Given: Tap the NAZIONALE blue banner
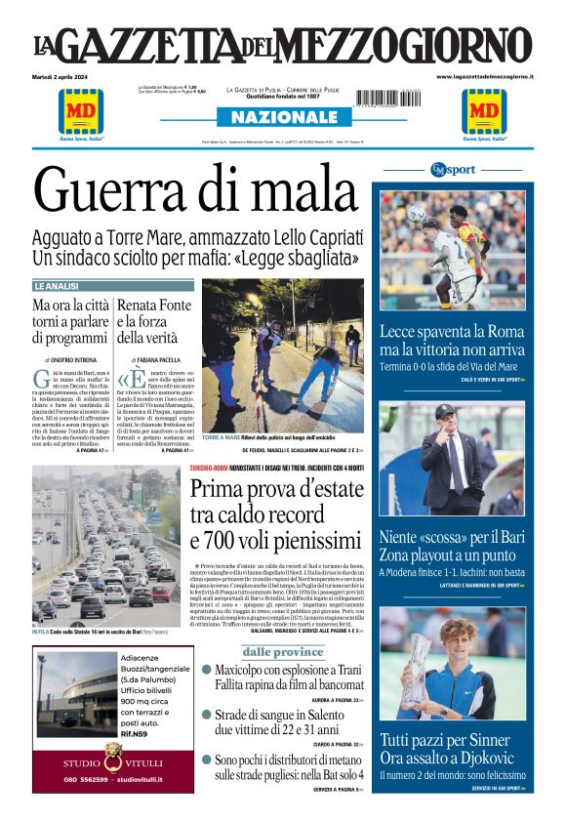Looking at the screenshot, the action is [x=283, y=117].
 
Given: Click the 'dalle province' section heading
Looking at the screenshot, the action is [x=283, y=651].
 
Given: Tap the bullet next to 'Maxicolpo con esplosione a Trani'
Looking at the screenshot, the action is [x=206, y=671].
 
